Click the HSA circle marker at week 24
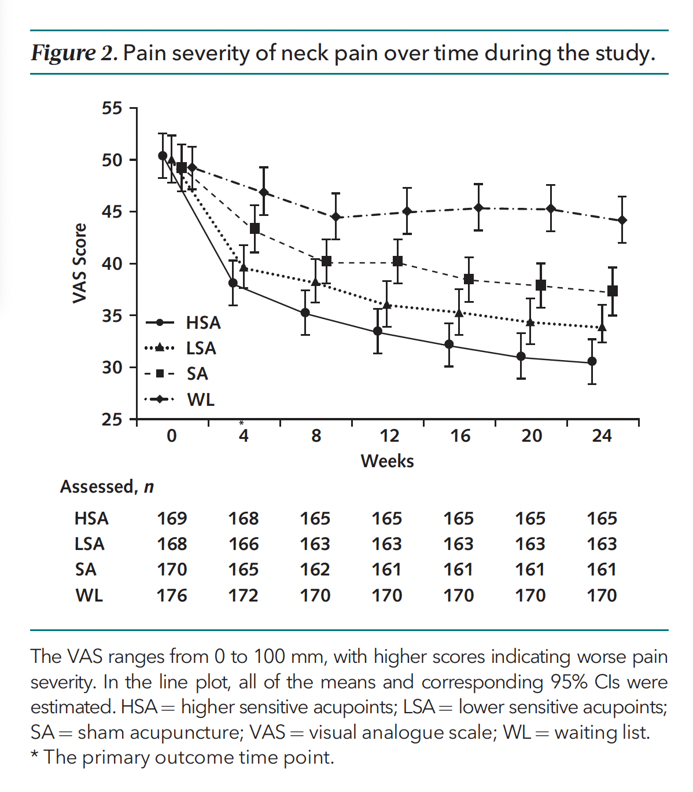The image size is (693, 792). point(592,361)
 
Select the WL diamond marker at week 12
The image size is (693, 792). point(407,211)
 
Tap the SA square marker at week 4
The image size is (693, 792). point(255,229)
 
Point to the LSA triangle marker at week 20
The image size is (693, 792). point(530,322)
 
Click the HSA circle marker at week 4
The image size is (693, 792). point(233,283)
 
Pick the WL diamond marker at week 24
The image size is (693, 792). point(622,221)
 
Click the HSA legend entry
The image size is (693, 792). point(202,322)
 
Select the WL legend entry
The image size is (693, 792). point(200,399)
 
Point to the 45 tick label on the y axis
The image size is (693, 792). point(112,212)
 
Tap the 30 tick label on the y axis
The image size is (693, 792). point(112,368)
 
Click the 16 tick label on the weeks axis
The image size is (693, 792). point(460,435)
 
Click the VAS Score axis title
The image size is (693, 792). point(80,263)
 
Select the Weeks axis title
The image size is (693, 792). point(387,461)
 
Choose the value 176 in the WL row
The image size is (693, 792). point(172,595)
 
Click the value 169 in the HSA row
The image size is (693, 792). point(172,518)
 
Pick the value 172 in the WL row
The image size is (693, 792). point(244,595)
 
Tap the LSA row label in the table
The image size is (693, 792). point(90,544)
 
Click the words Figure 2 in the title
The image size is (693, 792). point(74,53)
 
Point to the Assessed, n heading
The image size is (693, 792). point(107,487)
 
